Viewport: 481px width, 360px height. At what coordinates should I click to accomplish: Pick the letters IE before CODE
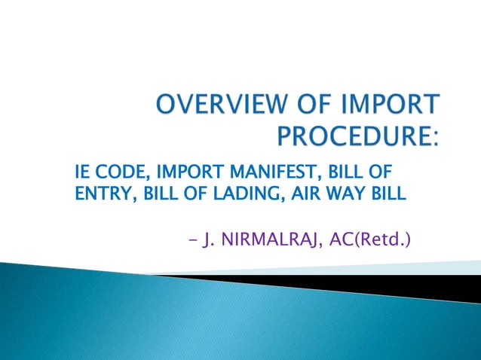pos(83,172)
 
